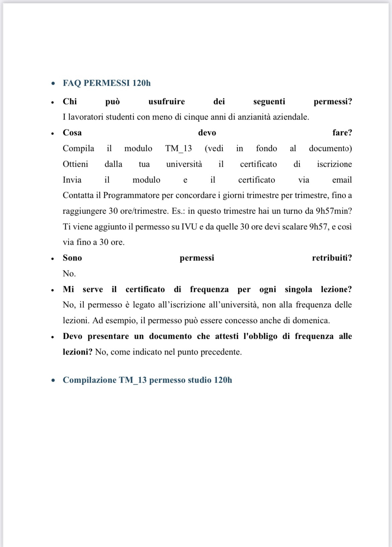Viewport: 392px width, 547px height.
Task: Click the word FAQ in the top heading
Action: pyautogui.click(x=72, y=83)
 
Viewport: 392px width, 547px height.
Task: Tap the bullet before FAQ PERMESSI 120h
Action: pyautogui.click(x=53, y=83)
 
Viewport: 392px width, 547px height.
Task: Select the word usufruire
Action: pyautogui.click(x=167, y=101)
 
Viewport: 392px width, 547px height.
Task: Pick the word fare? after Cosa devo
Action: pyautogui.click(x=342, y=133)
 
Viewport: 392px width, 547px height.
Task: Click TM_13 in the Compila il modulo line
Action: pyautogui.click(x=178, y=148)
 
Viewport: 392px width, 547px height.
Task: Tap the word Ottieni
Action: pyautogui.click(x=75, y=164)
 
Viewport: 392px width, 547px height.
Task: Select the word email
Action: pyautogui.click(x=342, y=180)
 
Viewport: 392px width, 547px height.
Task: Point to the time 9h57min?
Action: pyautogui.click(x=334, y=211)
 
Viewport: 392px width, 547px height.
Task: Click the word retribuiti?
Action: pyautogui.click(x=332, y=258)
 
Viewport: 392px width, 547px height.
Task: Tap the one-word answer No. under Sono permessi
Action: pyautogui.click(x=69, y=274)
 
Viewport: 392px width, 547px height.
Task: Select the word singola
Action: pyautogui.click(x=298, y=289)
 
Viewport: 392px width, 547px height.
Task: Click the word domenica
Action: pyautogui.click(x=311, y=321)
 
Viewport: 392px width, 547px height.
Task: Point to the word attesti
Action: pyautogui.click(x=227, y=336)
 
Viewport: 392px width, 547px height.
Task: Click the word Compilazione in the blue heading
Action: pyautogui.click(x=89, y=380)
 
